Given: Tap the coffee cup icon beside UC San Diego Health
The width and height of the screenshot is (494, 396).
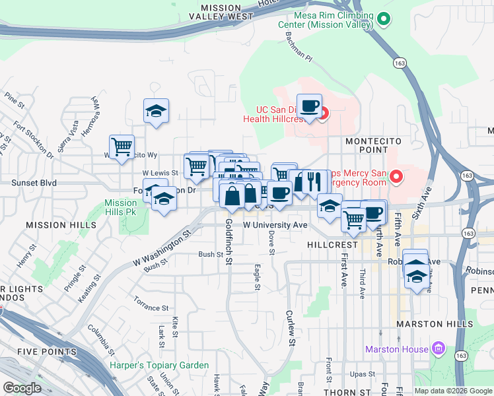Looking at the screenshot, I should [309, 105].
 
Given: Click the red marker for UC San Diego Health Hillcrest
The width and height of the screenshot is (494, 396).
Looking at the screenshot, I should [323, 114].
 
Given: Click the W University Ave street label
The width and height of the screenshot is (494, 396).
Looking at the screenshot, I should [275, 225].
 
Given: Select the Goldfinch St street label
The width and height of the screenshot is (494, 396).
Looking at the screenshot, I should [229, 242].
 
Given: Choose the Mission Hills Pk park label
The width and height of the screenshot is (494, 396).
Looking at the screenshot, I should [120, 208].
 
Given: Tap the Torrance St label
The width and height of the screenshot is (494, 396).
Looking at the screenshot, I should [151, 308].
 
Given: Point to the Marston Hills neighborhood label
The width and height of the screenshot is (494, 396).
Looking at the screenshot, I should [433, 324].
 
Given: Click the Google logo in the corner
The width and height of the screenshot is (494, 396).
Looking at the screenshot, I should [22, 388].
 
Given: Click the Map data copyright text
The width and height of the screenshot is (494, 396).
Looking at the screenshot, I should [452, 391].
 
